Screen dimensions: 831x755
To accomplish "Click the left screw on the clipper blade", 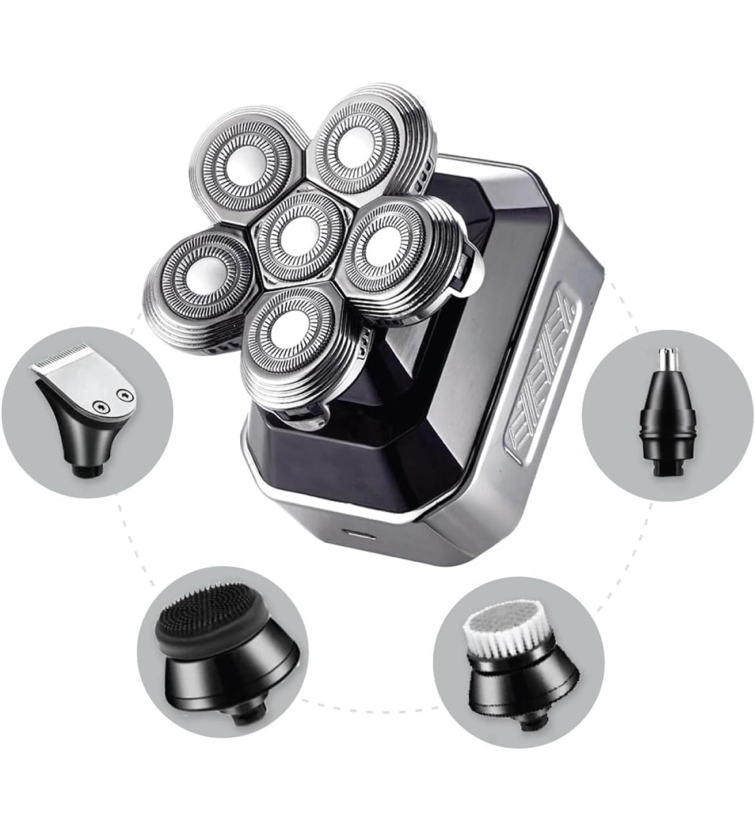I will pyautogui.click(x=100, y=405).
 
